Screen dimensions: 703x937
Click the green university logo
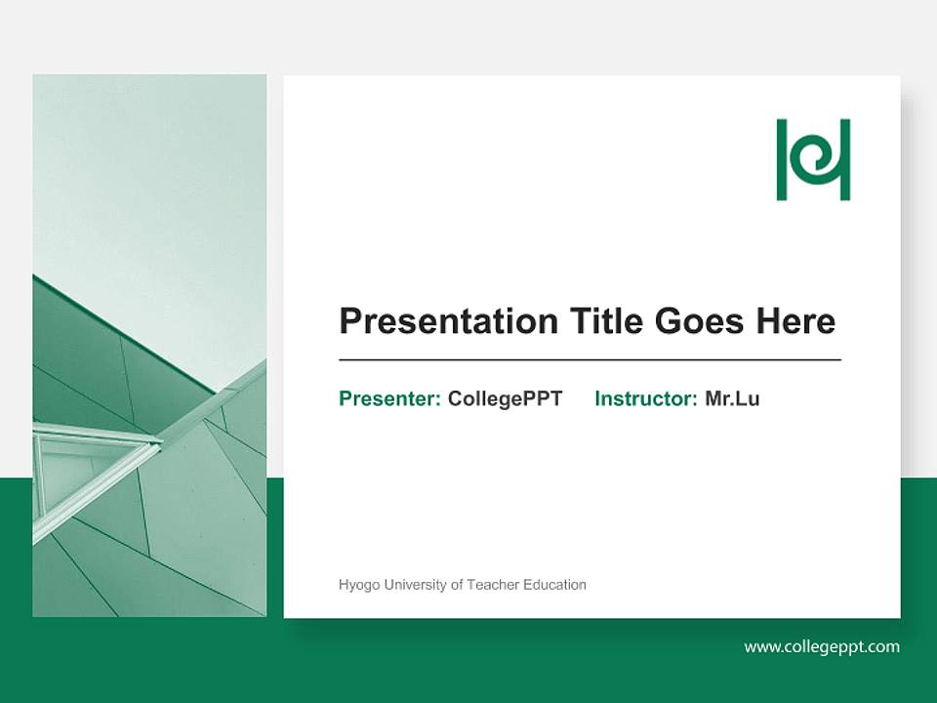[813, 160]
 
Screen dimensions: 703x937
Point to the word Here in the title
[794, 321]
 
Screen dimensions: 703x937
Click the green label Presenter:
[389, 398]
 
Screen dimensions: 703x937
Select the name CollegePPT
[505, 398]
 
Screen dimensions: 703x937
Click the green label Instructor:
[645, 398]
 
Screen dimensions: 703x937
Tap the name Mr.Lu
[732, 398]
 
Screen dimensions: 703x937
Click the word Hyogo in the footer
[357, 585]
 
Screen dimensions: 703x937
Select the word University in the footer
[414, 585]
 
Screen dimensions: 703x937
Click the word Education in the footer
[554, 585]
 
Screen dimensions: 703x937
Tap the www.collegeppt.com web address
[822, 646]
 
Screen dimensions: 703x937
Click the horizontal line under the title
[590, 360]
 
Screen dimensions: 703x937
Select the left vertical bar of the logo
[782, 160]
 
